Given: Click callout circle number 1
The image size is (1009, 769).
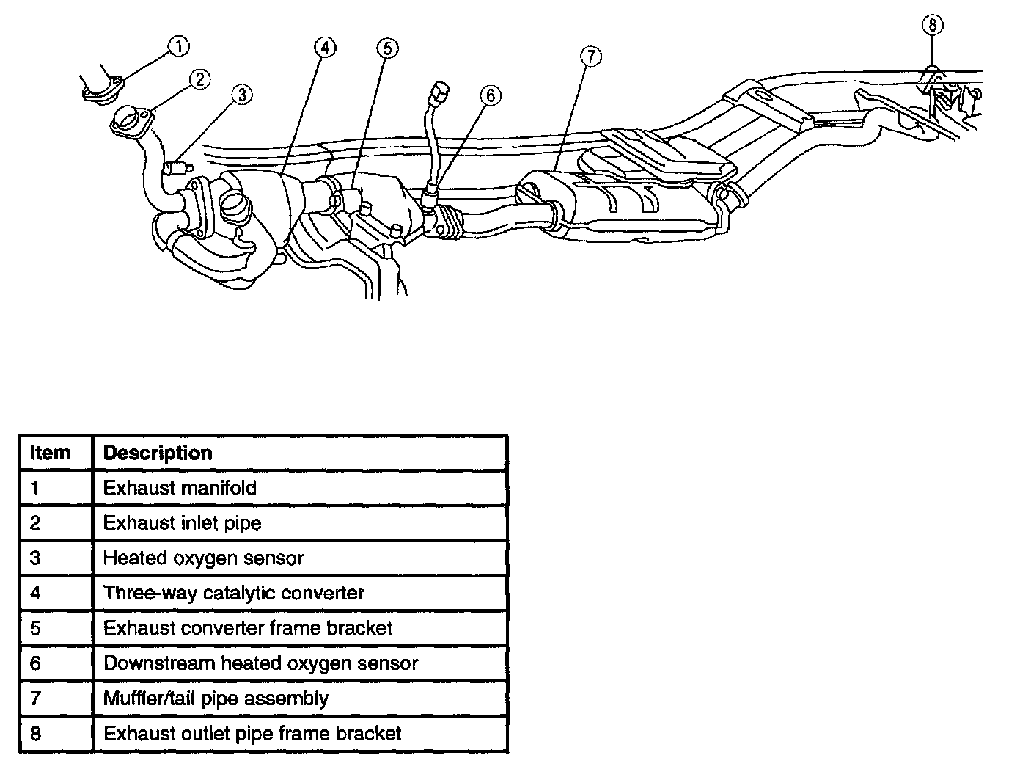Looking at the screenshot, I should [x=177, y=47].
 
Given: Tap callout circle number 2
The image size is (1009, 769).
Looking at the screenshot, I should [x=200, y=79].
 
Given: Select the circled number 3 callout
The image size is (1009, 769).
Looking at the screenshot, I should [x=242, y=94].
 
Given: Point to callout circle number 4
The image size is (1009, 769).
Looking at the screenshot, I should [x=325, y=48].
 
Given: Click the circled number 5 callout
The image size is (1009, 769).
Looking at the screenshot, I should [x=387, y=48].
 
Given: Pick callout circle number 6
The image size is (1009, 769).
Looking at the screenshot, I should [x=490, y=95].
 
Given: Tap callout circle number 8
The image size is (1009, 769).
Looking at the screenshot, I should [x=932, y=25].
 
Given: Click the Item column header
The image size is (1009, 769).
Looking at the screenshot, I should [x=50, y=453].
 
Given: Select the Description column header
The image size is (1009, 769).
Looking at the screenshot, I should [x=158, y=453].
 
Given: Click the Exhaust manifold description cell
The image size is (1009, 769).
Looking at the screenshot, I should [x=180, y=488].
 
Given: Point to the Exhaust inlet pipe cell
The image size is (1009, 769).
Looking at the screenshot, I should [x=182, y=523].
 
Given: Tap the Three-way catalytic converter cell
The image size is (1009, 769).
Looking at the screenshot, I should [x=233, y=593].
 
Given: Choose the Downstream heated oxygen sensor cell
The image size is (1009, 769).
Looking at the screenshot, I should [x=260, y=663].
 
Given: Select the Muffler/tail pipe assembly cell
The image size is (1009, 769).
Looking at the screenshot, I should [x=216, y=699].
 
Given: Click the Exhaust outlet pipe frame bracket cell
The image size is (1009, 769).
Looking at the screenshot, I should [x=252, y=734].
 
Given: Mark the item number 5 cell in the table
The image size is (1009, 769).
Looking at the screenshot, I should [x=35, y=628].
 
